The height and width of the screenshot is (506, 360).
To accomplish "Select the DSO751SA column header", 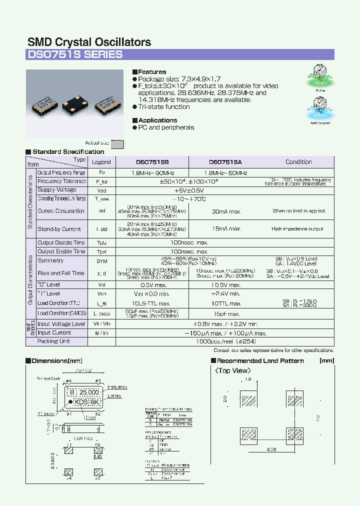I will (x=225, y=162).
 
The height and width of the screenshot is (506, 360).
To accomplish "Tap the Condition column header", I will (x=298, y=162).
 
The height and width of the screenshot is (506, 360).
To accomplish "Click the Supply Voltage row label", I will (x=57, y=190).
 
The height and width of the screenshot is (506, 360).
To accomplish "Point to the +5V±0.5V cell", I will (x=188, y=190).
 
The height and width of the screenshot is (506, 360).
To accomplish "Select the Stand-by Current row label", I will (x=59, y=229).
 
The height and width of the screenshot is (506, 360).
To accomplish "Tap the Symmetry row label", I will (x=50, y=260).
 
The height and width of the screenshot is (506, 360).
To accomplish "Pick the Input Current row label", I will (x=54, y=332).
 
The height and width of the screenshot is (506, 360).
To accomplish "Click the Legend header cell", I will (x=101, y=162).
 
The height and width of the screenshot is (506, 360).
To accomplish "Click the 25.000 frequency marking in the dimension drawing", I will (x=89, y=392).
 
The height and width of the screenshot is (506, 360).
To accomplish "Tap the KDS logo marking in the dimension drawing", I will (x=81, y=402).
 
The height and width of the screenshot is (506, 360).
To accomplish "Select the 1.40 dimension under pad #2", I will (x=98, y=457).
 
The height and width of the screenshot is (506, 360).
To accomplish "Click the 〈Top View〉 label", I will (x=233, y=371).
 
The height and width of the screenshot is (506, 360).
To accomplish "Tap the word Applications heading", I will (x=157, y=120).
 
